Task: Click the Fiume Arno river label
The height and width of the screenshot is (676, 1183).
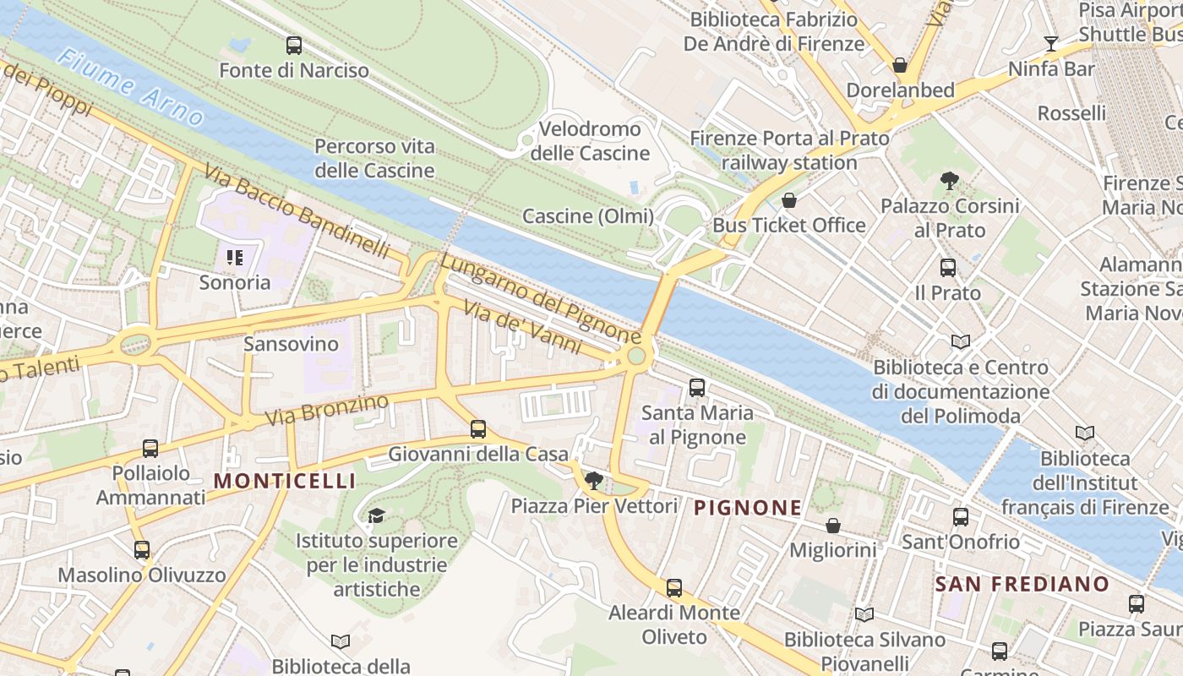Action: pos(131,85)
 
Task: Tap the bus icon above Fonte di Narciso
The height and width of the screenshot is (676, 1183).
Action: pos(294,46)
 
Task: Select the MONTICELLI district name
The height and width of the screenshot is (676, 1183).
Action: pos(284,481)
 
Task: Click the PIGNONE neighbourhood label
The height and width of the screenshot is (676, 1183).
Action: pos(748,508)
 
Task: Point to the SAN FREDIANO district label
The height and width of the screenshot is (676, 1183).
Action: pos(1022,584)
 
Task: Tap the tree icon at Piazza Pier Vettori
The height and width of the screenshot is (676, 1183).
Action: pos(594,481)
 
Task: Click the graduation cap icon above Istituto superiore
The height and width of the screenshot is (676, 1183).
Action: pos(376,515)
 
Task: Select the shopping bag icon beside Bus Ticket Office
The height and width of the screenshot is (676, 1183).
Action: pos(788,200)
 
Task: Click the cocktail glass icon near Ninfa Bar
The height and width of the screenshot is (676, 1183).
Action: pos(1051,43)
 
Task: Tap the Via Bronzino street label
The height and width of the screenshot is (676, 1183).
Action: pos(326,409)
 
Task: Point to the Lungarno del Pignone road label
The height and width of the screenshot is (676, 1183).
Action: pos(540,297)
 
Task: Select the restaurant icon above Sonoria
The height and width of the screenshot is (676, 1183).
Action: pos(234,257)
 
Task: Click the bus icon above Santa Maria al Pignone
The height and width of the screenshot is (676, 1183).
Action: pos(697,388)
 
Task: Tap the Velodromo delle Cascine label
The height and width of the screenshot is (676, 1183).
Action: pos(590,141)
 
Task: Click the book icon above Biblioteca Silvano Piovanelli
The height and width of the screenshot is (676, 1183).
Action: pos(864,614)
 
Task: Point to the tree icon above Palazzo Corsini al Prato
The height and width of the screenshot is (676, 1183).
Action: pos(950,180)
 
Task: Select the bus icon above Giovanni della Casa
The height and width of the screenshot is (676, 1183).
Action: pos(478,429)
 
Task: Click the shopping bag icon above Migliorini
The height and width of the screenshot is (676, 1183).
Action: pos(833,526)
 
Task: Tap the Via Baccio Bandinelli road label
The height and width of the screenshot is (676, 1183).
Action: pos(297,211)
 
